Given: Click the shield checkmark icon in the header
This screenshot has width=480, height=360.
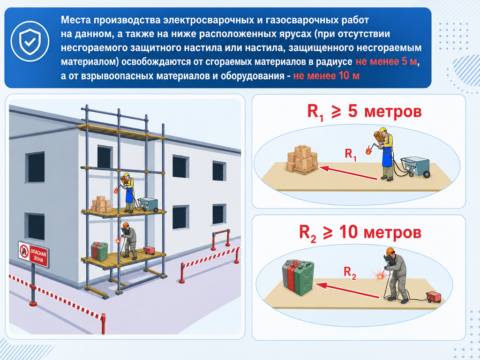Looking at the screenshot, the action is (30, 41).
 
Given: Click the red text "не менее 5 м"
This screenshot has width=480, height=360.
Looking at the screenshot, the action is (386, 61).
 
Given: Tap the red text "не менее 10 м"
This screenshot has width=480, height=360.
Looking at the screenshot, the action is (326, 75).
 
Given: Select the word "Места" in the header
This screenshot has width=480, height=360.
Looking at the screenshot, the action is (75, 20).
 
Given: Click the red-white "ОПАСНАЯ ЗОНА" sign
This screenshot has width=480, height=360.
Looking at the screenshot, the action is (34, 254).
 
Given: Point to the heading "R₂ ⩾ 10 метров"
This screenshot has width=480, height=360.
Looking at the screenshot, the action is (360, 233).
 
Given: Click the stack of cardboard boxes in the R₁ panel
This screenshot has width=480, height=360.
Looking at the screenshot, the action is (302, 159).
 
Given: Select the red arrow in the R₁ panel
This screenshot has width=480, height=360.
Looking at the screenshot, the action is (348, 173).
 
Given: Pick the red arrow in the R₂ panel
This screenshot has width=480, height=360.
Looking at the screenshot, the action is (347, 290).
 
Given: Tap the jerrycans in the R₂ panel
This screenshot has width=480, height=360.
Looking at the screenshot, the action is (298, 277).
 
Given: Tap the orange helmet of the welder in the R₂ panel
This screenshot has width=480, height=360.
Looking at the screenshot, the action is (390, 251).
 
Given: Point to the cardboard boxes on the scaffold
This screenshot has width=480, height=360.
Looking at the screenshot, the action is (101, 204).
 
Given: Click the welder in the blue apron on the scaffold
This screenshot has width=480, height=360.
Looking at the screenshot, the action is (128, 192).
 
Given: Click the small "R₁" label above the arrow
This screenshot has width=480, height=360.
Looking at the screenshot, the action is (351, 154).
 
